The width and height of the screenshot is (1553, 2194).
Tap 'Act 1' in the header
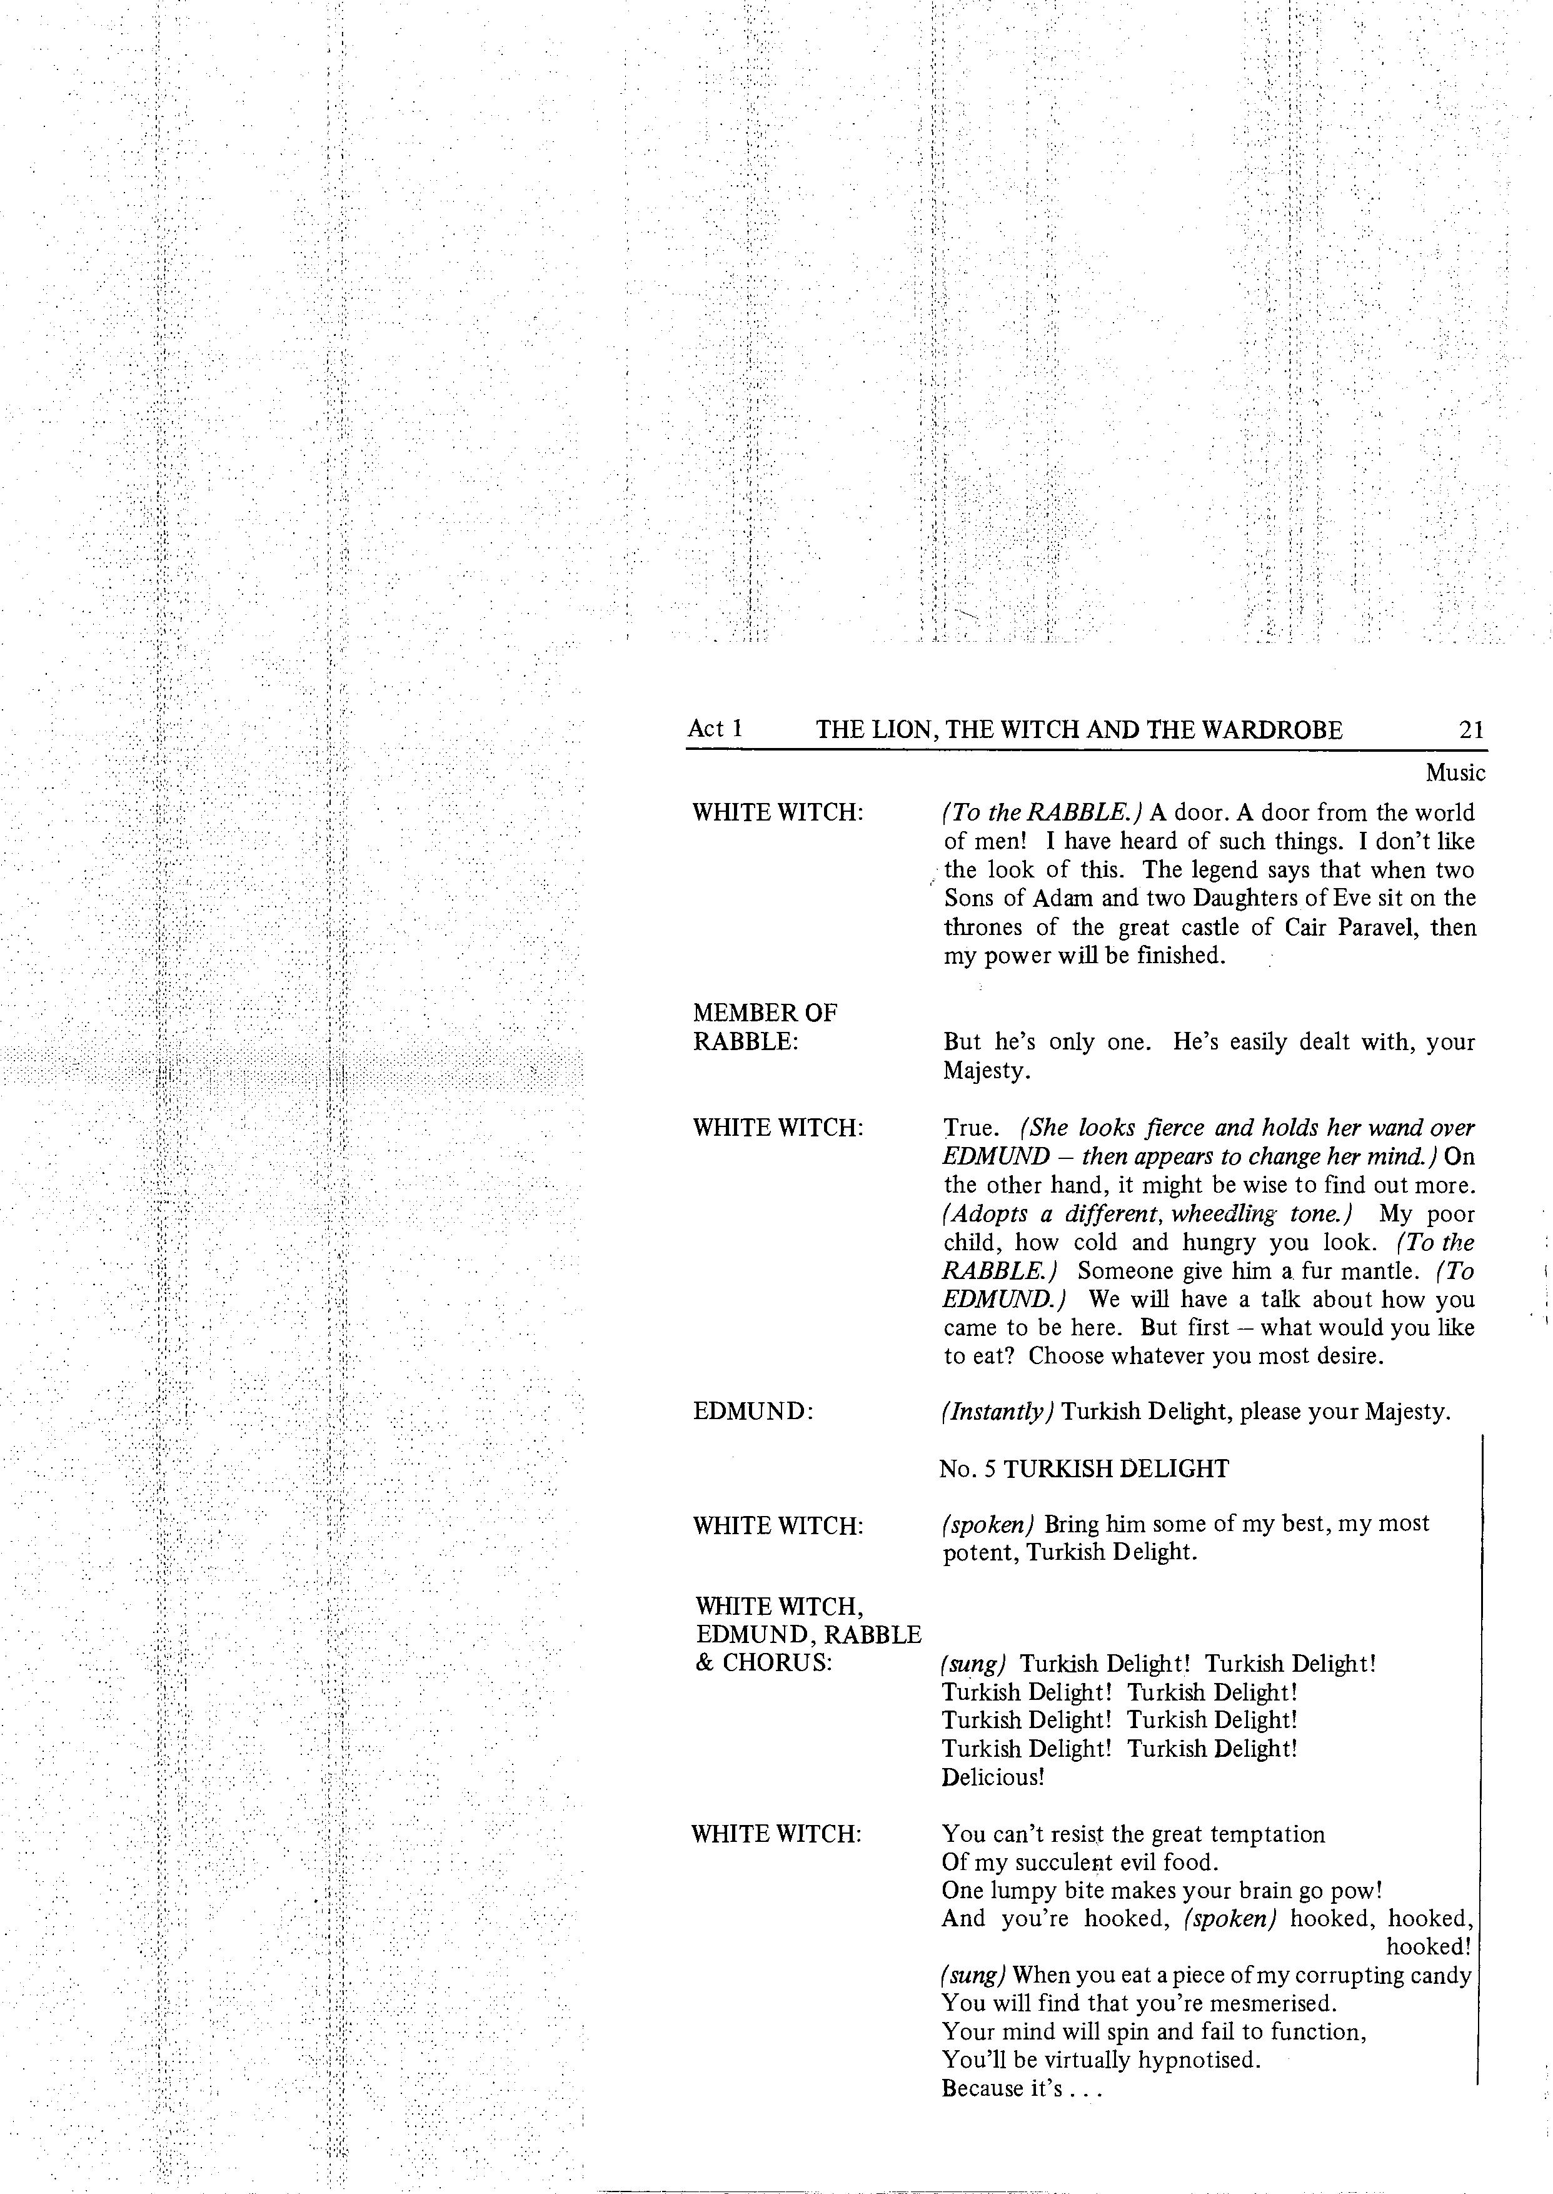[715, 729]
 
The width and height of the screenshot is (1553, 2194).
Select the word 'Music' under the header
[1455, 773]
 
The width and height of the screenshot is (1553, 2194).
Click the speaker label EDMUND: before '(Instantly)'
[753, 1412]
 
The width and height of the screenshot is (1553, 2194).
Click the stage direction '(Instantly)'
[997, 1412]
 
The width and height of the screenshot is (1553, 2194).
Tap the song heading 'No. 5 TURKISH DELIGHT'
[1083, 1469]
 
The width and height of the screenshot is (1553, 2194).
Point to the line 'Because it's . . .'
[1022, 2088]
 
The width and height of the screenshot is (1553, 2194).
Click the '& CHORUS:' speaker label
[763, 1663]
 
